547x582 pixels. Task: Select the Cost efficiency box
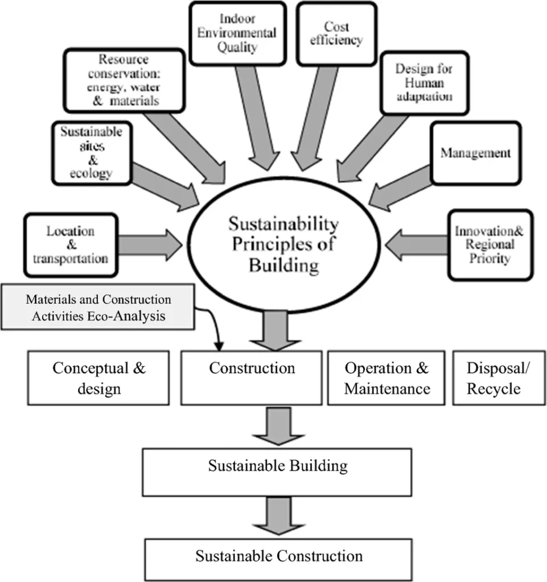(x=336, y=32)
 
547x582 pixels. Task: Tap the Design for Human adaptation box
(x=423, y=82)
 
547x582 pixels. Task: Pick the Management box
(x=475, y=153)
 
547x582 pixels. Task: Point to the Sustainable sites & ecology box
(x=92, y=152)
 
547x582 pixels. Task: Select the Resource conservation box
(x=124, y=80)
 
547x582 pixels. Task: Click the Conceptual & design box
(x=99, y=377)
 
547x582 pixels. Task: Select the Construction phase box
(x=252, y=377)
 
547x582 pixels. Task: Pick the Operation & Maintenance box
(x=386, y=377)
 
